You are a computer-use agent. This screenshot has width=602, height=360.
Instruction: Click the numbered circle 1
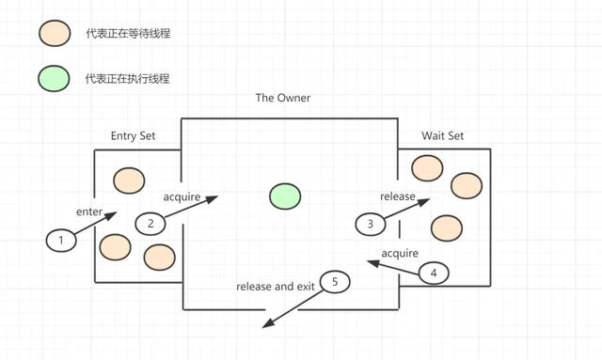coord(61,241)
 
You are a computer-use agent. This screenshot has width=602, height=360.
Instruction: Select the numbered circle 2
coord(150,223)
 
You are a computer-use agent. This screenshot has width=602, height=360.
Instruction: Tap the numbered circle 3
coord(371,224)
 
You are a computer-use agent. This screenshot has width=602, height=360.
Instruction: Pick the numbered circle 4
coord(434,274)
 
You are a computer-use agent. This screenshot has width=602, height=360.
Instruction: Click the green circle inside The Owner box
coord(285,196)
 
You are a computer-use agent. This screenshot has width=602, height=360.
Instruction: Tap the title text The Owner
coord(282,98)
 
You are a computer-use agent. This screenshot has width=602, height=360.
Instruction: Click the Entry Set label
coord(133,136)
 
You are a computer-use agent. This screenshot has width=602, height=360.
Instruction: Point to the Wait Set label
coord(442,136)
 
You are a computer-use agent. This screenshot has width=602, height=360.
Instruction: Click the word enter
coord(89,212)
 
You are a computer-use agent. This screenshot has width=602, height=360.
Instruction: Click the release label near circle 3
coord(398,196)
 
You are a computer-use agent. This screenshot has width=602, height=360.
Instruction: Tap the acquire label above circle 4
coord(399,254)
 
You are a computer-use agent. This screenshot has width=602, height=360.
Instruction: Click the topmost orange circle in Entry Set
coord(128,179)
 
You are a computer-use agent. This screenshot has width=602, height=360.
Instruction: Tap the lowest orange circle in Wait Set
coord(446,227)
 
